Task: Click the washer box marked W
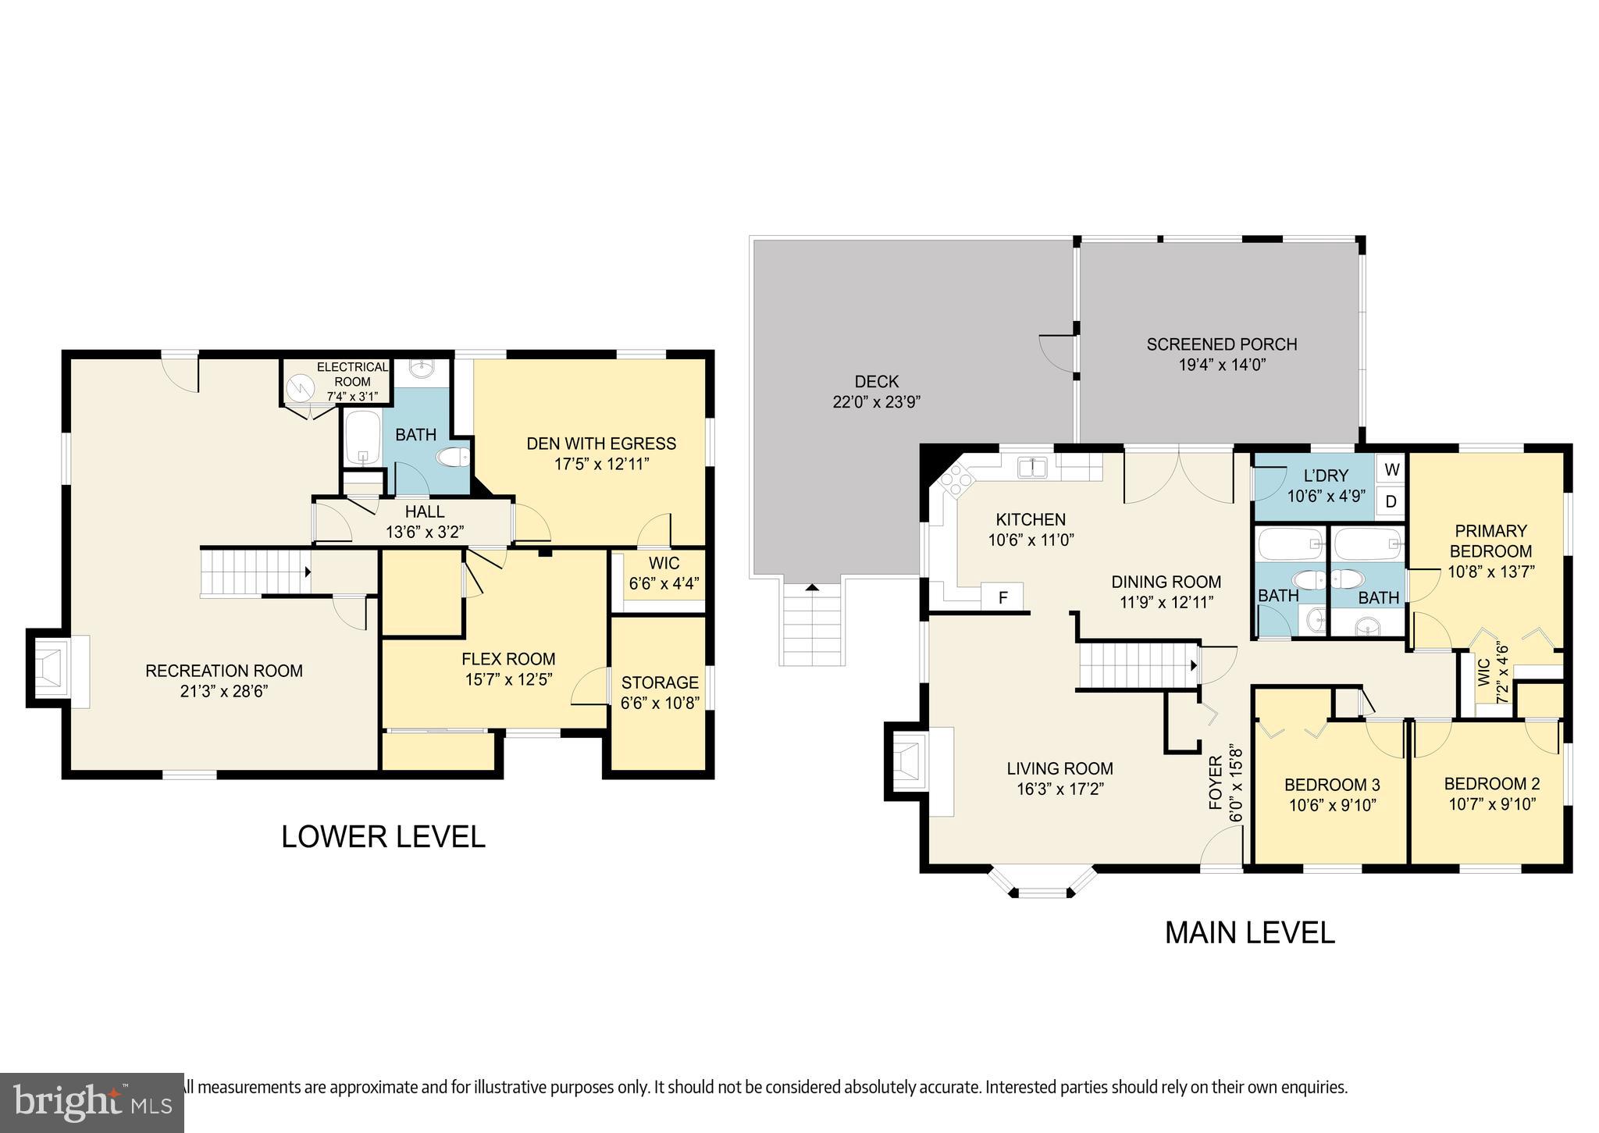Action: point(1391,469)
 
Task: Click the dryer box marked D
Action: point(1391,502)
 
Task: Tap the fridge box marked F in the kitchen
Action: point(1003,598)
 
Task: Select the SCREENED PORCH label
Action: point(1221,344)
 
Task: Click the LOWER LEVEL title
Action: point(383,836)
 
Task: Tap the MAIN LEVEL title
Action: point(1249,932)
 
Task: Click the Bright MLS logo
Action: point(92,1103)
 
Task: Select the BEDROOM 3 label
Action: point(1332,785)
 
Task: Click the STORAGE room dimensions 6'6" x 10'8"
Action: point(660,703)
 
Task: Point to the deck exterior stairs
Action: point(812,625)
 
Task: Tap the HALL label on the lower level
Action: point(425,511)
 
